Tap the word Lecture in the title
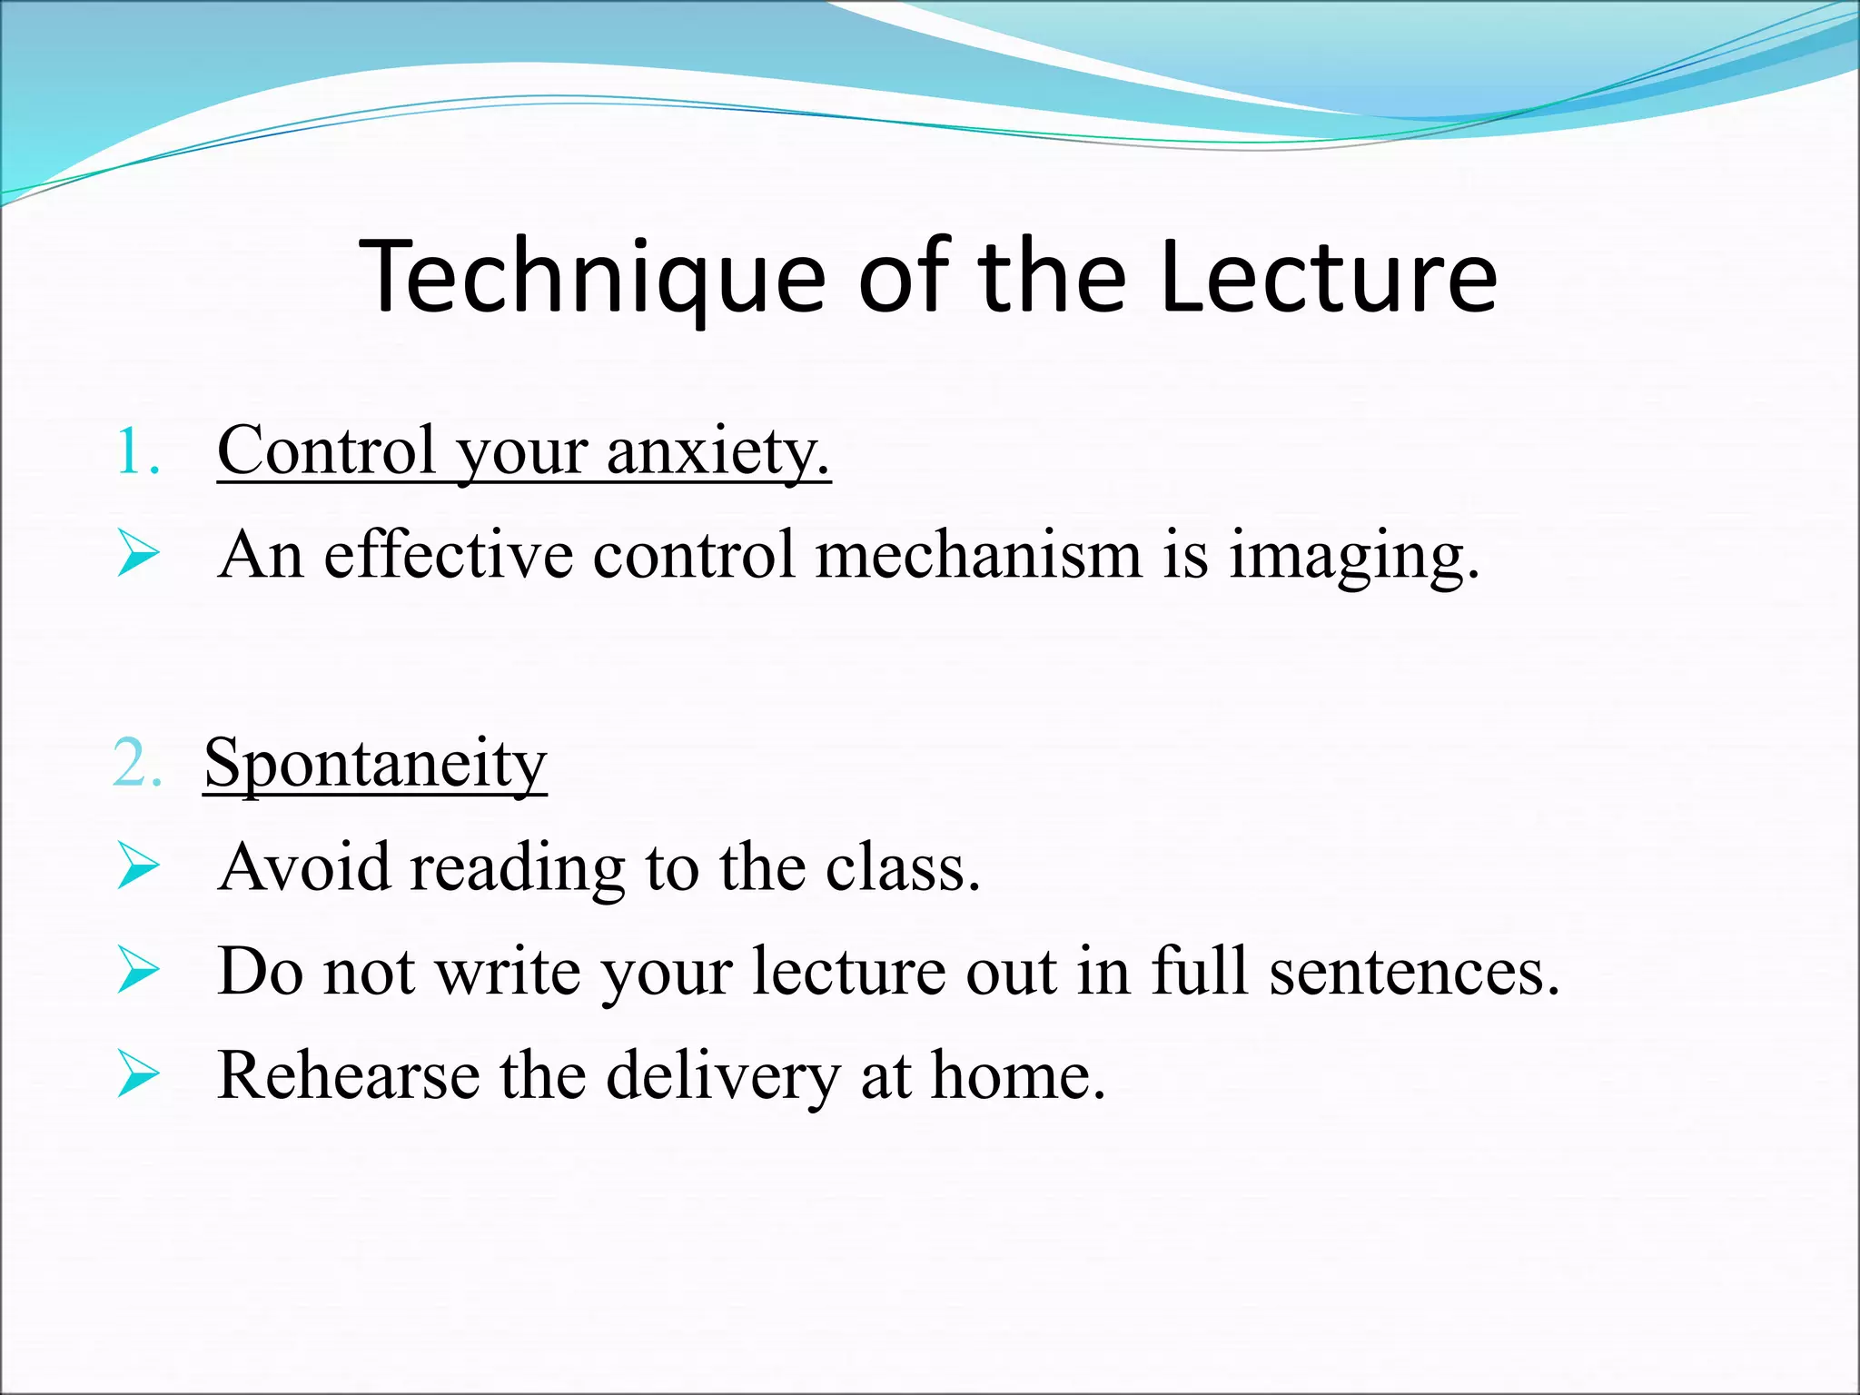[1327, 277]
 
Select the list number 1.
[137, 450]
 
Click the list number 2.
[137, 763]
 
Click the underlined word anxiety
[717, 452]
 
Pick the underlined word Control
[326, 450]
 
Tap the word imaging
[1353, 557]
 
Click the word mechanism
[978, 555]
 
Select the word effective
[449, 555]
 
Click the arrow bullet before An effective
[138, 555]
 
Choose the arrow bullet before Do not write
[138, 971]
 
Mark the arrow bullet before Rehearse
[138, 1075]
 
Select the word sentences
[1413, 972]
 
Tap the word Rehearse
[349, 1076]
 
